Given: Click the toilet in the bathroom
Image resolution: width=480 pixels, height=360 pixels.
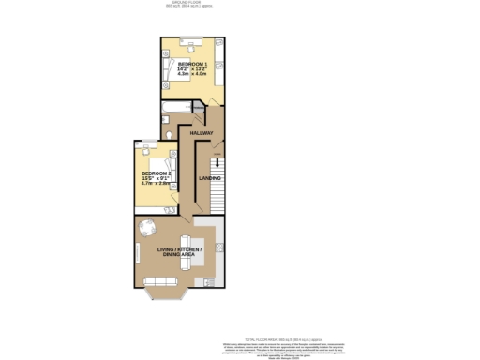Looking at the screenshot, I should point(168,132).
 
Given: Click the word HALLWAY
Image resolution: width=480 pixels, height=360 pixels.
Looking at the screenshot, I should point(202,133).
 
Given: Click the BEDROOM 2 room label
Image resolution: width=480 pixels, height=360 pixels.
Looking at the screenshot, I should point(156,173).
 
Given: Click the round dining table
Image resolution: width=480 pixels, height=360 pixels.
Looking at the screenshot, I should point(148,228).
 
